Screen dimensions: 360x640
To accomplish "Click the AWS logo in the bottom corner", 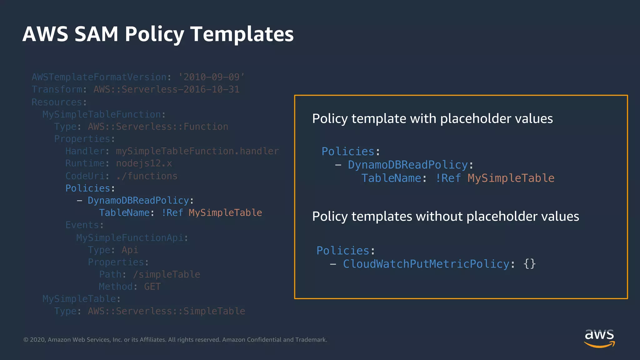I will tap(599, 338).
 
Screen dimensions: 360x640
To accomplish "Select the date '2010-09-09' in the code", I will tap(212, 77).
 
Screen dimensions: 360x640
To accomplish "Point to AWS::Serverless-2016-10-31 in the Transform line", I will tap(166, 89).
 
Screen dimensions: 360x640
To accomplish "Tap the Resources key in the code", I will tap(57, 102).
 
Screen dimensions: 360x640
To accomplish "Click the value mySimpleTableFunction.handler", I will tap(197, 151).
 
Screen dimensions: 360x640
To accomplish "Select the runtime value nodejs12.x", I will tap(144, 163).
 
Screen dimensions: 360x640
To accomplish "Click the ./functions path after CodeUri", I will tap(147, 176).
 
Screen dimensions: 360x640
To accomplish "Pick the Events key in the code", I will tap(82, 225).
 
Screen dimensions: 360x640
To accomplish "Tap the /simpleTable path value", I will tap(166, 274).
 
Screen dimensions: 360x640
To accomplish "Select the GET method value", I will tap(152, 287).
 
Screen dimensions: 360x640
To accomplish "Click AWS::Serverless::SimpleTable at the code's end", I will tap(166, 311).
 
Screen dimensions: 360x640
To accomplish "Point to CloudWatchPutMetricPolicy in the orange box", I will tap(426, 264).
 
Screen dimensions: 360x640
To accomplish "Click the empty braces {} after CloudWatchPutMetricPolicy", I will tap(529, 264).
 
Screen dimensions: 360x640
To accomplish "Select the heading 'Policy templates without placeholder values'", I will tap(445, 216).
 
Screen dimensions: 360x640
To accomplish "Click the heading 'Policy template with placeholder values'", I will tap(432, 119).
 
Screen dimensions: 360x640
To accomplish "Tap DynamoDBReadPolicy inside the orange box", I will tap(408, 165).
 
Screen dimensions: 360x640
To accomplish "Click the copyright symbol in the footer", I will tap(26, 340).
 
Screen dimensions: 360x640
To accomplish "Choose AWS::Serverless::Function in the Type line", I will tap(158, 127).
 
